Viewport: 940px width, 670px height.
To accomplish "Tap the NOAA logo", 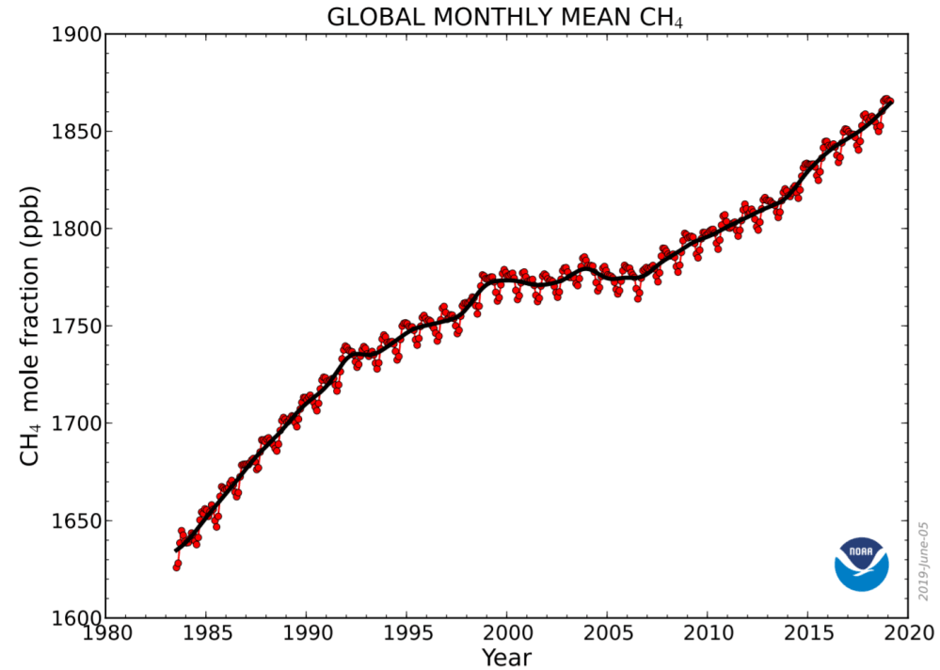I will coord(861,564).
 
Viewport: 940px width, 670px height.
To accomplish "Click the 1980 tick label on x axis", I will coord(106,636).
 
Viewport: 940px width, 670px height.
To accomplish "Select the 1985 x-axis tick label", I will coord(206,636).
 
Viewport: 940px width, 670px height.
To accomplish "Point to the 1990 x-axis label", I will coord(307,636).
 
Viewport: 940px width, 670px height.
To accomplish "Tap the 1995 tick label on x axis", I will coord(406,636).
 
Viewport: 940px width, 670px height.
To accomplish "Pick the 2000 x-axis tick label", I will coord(507,636).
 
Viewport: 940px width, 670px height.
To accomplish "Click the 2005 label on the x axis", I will coord(607,636).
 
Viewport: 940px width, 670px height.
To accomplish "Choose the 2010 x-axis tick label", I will coord(708,636).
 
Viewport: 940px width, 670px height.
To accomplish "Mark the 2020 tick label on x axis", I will coord(907,636).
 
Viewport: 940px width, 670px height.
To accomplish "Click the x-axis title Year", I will coord(506,657).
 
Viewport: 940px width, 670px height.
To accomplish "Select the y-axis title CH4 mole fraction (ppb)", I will coord(29,327).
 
